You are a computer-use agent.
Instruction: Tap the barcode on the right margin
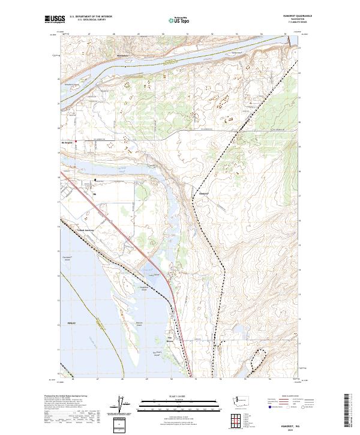(347, 414)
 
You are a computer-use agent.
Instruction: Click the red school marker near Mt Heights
(83, 142)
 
